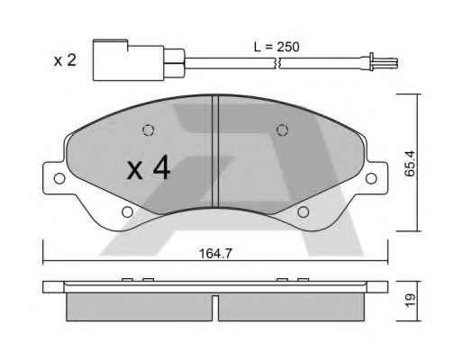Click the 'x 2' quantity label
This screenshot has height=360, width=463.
click(65, 60)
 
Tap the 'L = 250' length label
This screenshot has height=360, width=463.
click(277, 47)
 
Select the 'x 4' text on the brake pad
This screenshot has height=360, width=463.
click(149, 169)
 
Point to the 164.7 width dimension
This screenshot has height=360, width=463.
click(215, 254)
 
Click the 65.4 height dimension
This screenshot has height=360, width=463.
click(410, 163)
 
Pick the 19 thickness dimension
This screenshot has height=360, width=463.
click(410, 300)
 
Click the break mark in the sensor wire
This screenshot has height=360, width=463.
click(277, 63)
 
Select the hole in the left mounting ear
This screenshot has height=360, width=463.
click(59, 178)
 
